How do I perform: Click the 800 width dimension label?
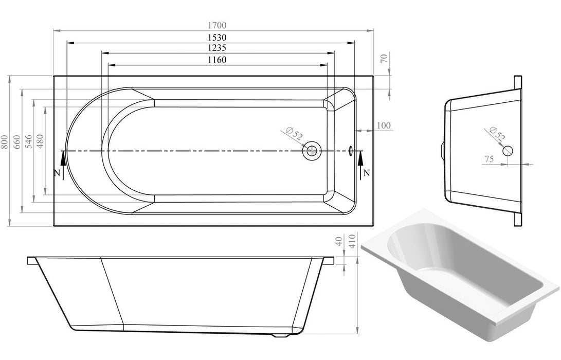[x=4, y=141]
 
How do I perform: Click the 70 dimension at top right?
[x=383, y=58]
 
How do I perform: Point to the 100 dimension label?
[x=384, y=125]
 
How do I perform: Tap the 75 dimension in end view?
[x=488, y=160]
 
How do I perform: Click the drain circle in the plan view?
[x=311, y=151]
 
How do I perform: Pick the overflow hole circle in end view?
[x=508, y=151]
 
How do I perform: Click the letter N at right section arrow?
[x=366, y=172]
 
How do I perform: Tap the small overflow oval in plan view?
[x=351, y=151]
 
